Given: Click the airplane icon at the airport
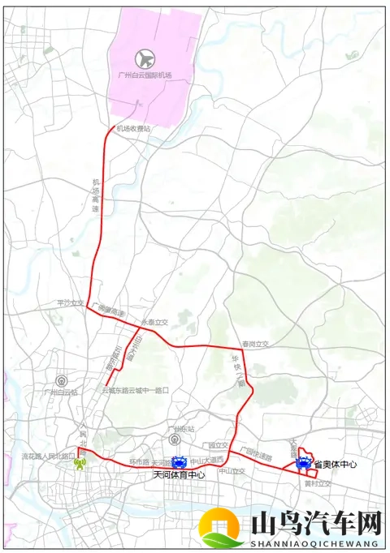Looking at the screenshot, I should [145, 58].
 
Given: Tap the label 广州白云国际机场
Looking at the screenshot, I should [145, 75].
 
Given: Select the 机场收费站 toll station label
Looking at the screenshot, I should [133, 128].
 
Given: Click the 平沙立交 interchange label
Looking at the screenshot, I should [71, 302].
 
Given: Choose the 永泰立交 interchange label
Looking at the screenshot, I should [154, 322].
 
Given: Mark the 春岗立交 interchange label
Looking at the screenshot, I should [254, 344].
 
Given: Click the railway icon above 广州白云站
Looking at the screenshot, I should [60, 380].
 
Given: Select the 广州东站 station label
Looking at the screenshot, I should [171, 428].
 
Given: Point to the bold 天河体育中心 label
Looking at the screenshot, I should [180, 475].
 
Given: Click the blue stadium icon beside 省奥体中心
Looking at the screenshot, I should [303, 465].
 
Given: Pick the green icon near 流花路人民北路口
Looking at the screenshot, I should [81, 465].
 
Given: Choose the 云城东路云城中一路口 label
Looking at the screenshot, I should [135, 390].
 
